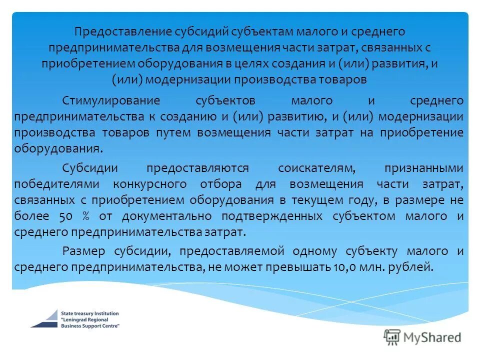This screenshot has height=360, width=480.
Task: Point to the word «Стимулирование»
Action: coord(111,100)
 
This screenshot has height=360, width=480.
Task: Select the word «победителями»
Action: coord(57,184)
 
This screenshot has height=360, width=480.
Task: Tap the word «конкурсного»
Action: coord(150,184)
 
